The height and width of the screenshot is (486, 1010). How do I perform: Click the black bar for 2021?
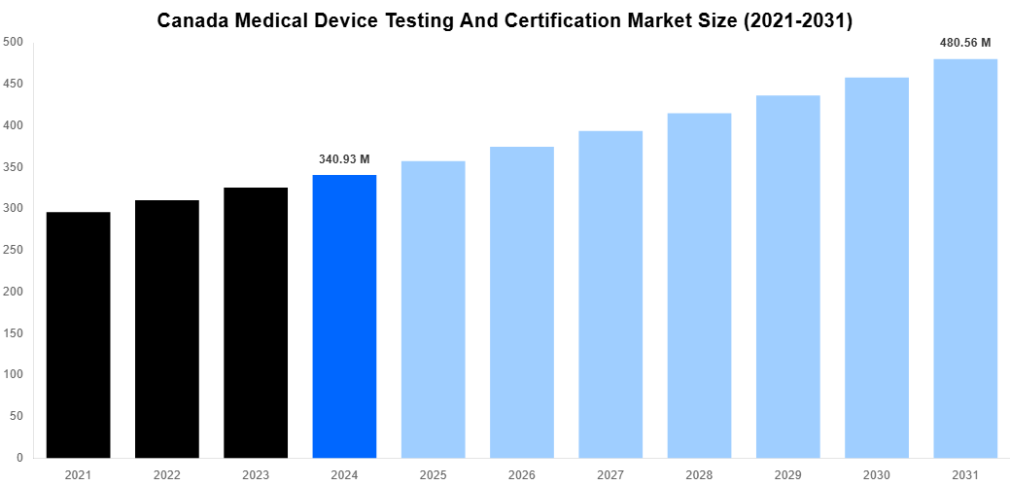[x=78, y=334]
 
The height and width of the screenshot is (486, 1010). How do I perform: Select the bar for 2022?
[x=167, y=329]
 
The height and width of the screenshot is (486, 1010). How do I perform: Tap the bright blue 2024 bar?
[x=344, y=316]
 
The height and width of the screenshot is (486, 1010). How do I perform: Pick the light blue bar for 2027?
[x=610, y=294]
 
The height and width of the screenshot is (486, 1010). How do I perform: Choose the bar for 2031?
[x=965, y=258]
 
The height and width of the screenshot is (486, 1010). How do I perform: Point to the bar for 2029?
[x=787, y=276]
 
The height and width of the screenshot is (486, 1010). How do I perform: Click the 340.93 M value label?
[x=344, y=159]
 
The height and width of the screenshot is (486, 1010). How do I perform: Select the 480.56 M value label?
[x=965, y=43]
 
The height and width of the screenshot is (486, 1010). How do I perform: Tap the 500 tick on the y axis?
[x=14, y=42]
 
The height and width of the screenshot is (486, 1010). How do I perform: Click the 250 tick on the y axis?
[x=14, y=250]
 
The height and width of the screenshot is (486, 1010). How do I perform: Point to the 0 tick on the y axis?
[x=19, y=458]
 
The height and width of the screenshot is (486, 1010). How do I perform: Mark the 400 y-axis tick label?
[x=14, y=125]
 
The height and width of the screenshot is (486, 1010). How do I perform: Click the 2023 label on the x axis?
[x=256, y=474]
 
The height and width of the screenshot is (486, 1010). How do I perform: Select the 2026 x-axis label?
[x=522, y=474]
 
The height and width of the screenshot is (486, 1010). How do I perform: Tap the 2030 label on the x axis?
[x=877, y=474]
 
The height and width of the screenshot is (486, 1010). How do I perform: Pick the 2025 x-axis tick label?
[x=433, y=474]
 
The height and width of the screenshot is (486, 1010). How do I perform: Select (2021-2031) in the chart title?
[x=792, y=20]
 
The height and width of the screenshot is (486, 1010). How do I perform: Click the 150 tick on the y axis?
[x=14, y=333]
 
